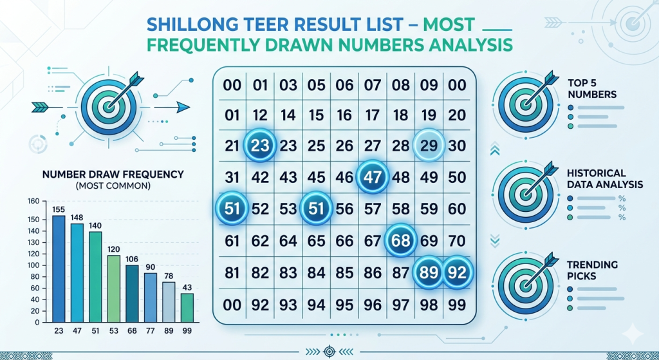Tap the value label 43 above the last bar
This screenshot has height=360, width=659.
point(187,287)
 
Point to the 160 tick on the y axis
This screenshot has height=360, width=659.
point(33,201)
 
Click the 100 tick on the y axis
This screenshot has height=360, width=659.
point(33,265)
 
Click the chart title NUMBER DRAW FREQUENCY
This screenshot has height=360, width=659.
point(113,174)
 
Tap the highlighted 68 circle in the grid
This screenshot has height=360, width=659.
point(400,241)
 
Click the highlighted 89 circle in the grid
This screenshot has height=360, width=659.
point(429,272)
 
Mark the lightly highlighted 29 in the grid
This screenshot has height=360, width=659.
point(429,146)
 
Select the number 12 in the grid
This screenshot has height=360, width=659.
point(259,116)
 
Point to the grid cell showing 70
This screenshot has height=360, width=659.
point(457,241)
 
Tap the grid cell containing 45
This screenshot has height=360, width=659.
point(316,177)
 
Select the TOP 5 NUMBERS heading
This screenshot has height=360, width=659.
point(593,89)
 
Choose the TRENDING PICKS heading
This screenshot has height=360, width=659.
point(592,270)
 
